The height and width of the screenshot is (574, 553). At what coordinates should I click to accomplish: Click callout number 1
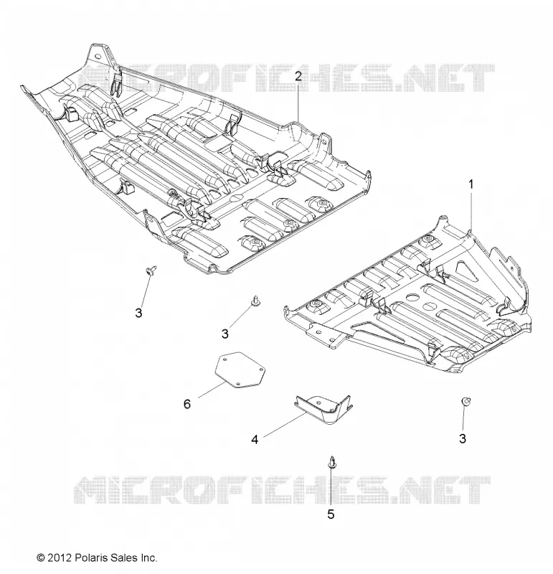click(471, 184)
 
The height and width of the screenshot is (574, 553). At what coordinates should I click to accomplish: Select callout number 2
click(298, 76)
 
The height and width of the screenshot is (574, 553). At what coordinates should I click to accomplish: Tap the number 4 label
click(255, 439)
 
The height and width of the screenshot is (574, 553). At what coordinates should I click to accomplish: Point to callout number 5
click(331, 514)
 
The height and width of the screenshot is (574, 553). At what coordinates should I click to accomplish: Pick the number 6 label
click(187, 404)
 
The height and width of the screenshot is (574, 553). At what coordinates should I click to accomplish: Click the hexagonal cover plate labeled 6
click(240, 370)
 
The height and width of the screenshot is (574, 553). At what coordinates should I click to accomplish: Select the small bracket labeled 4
click(323, 409)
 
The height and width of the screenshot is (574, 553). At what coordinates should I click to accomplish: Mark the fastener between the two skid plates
click(255, 301)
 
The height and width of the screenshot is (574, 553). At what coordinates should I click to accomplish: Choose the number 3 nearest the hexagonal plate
click(225, 334)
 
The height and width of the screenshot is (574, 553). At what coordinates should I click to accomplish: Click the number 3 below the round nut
click(463, 438)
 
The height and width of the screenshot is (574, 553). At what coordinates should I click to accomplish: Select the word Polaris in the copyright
click(92, 557)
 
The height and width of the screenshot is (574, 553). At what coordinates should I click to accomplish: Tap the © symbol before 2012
click(41, 557)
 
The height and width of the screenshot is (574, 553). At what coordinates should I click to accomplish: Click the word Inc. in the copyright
click(148, 557)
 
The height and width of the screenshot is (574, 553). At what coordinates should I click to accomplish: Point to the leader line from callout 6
click(212, 389)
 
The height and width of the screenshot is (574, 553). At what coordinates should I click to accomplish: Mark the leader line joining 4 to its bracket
click(284, 423)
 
